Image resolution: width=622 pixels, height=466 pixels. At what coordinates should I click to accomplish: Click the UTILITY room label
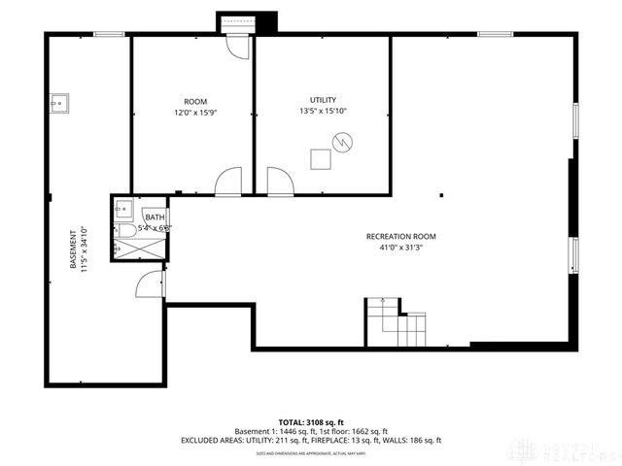tap(323, 100)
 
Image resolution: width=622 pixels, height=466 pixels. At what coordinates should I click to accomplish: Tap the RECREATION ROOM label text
tap(400, 237)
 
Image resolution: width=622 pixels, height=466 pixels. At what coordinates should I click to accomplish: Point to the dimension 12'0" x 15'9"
tap(194, 112)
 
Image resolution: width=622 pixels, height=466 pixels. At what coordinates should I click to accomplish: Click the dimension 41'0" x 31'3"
tap(400, 248)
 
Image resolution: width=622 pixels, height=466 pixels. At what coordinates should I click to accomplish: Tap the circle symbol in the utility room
tap(341, 144)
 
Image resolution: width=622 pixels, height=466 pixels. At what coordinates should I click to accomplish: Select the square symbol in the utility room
tap(320, 159)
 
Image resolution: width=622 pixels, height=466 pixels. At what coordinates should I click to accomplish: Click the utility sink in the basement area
tap(57, 99)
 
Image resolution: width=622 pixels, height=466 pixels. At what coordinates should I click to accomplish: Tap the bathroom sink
tap(123, 207)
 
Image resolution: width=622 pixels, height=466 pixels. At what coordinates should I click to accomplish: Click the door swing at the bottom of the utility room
tap(279, 180)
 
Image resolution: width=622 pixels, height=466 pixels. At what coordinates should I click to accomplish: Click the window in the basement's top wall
tap(109, 35)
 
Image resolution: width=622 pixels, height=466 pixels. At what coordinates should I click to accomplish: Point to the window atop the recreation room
tap(495, 35)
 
